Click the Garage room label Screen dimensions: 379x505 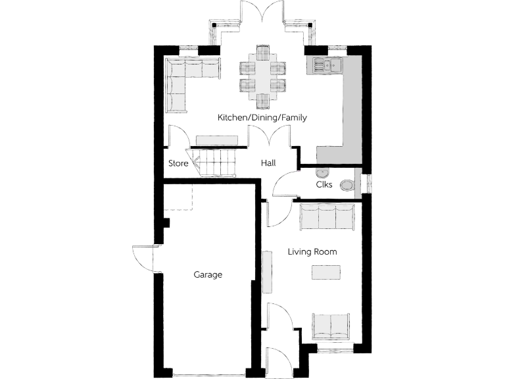[208, 275]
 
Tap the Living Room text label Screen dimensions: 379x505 [312, 252]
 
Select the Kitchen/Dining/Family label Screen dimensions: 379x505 [262, 118]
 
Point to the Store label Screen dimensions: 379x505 [179, 163]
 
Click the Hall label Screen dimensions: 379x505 [268, 163]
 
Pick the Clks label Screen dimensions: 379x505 [324, 185]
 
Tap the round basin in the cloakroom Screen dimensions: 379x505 [322, 172]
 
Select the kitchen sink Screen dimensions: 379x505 [327, 64]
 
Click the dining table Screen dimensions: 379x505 [262, 76]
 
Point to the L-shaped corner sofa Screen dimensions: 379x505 [184, 78]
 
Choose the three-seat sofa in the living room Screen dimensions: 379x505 [327, 216]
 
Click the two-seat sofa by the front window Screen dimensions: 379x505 [331, 326]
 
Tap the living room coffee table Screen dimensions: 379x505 [326, 272]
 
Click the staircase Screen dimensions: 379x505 [214, 162]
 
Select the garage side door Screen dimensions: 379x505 [145, 258]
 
